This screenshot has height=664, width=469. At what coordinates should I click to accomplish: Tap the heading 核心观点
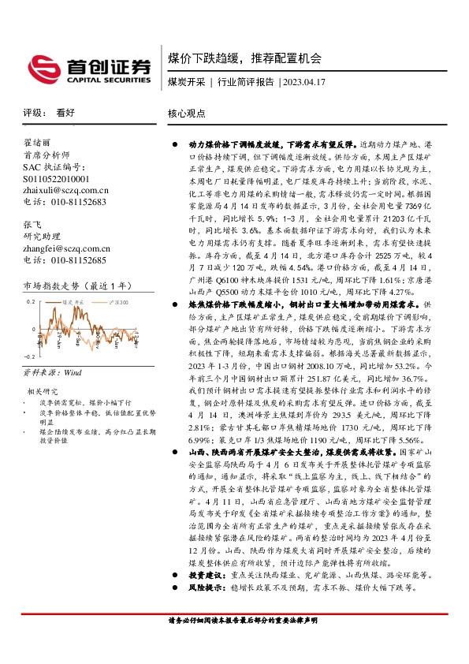point(187,113)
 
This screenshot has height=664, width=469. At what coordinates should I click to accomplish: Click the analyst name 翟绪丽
point(37,144)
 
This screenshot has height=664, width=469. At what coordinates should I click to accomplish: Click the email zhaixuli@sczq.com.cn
point(65,190)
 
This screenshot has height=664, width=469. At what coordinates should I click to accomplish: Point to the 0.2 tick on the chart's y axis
point(32,302)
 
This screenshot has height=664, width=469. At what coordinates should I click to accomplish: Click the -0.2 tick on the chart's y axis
point(30,356)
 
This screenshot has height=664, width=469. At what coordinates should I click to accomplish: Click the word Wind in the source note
point(73,370)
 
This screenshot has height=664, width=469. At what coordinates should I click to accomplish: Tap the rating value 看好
point(65,113)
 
